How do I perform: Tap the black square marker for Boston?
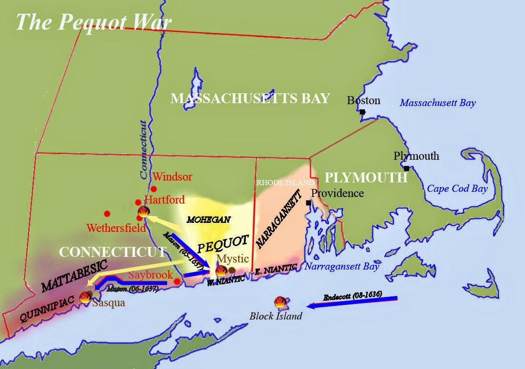pos(362,112)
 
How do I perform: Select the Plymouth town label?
pos(416,156)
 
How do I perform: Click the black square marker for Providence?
pos(308,203)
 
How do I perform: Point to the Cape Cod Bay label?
pos(457,189)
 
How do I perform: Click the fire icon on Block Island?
pos(279,301)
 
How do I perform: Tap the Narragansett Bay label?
pos(341,267)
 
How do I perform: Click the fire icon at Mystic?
pos(221,271)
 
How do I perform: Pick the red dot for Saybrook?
pos(177,281)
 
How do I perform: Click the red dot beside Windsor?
pos(153,189)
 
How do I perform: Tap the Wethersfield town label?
pos(116,229)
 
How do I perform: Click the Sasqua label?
pos(109,303)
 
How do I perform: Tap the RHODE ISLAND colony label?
pos(285,182)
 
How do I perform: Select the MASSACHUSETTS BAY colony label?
pos(250,98)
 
